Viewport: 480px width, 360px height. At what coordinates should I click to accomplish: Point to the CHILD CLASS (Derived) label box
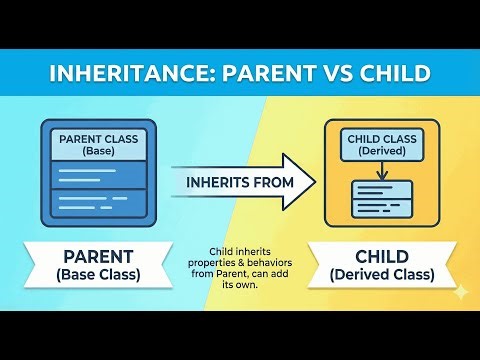click(384, 144)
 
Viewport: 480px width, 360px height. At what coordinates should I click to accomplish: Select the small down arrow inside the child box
click(384, 171)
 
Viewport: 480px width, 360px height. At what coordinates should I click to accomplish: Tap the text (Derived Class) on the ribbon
click(384, 274)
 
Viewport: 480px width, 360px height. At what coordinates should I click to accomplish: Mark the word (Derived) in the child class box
click(384, 152)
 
